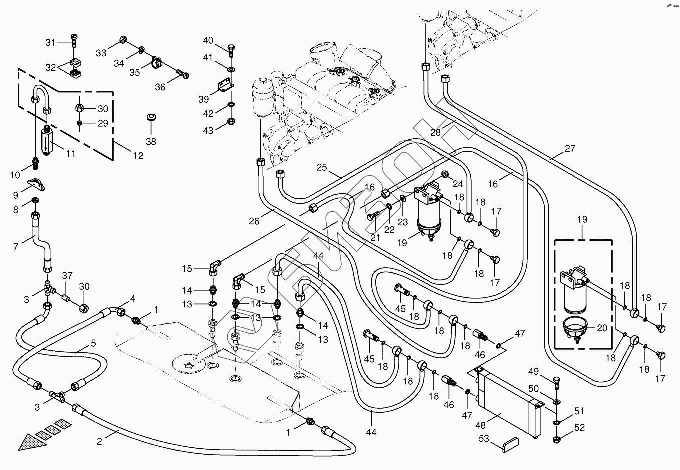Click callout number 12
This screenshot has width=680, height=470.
coord(137,156)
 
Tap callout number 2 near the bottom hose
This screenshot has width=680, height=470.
coord(99,441)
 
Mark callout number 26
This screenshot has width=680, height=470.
coord(254,220)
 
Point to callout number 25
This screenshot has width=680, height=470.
coord(321,167)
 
